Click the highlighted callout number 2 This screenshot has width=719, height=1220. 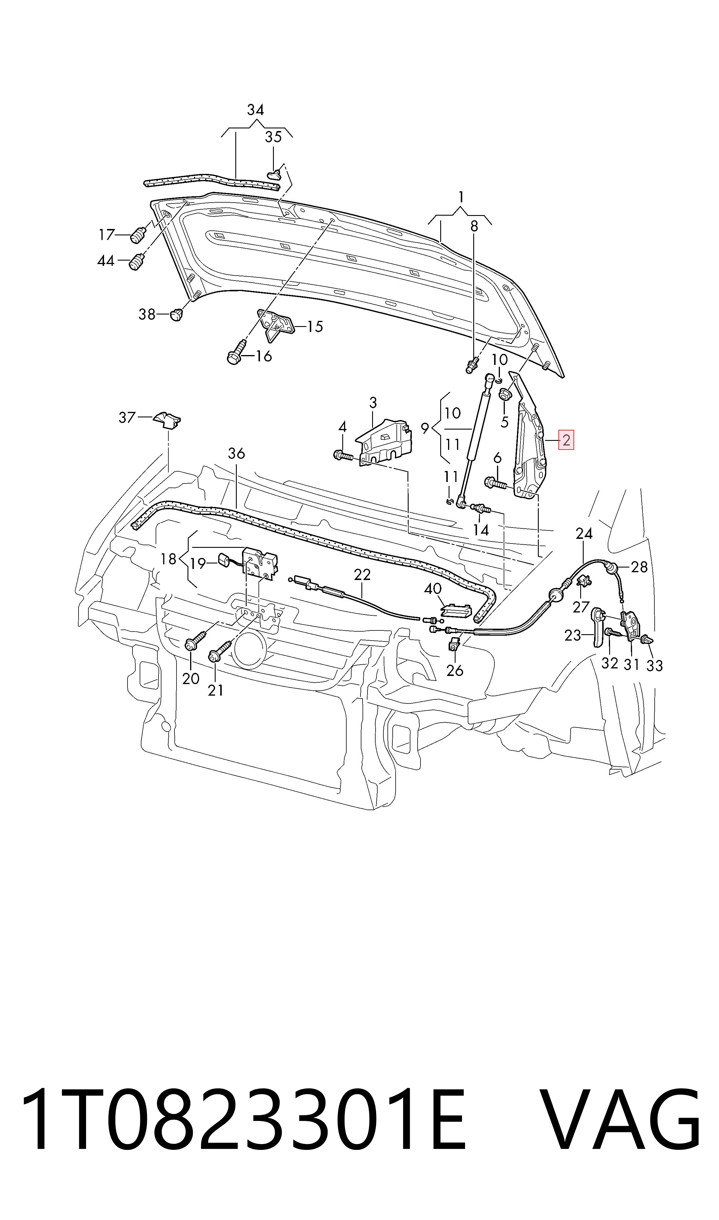566,440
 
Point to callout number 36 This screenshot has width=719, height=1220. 236,454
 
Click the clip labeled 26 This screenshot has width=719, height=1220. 454,644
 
